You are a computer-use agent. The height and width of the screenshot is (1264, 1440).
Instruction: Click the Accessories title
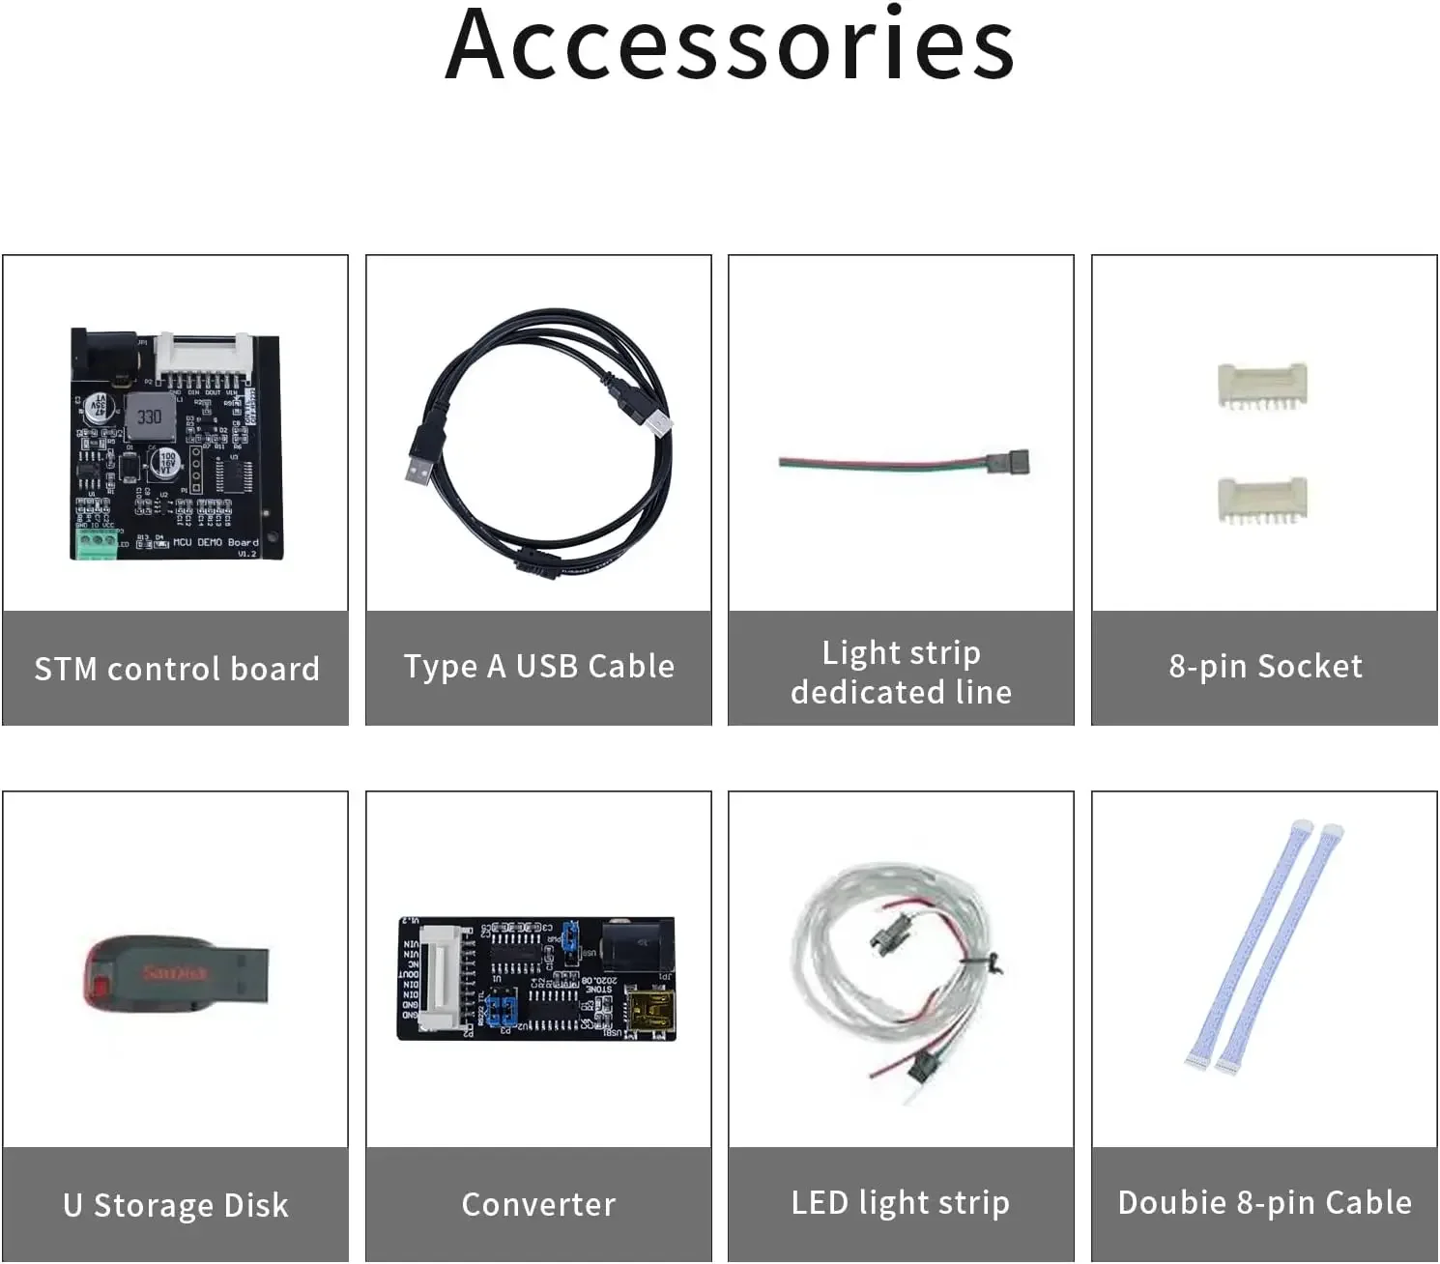730,45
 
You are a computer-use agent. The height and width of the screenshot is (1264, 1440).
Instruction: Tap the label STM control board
177,669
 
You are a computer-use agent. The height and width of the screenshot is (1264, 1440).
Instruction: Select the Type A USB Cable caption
539,666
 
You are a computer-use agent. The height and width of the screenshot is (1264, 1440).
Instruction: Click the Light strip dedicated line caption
901,672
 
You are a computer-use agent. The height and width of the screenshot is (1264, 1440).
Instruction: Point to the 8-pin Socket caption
1265,666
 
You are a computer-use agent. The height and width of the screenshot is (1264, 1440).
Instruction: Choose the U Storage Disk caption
176,1205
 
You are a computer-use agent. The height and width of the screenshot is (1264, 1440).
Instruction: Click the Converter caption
538,1204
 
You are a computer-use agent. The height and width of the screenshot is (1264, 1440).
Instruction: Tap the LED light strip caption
901,1202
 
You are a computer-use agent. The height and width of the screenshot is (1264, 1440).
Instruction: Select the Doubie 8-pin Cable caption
1264,1202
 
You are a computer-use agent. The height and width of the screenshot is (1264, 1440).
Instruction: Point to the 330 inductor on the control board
149,417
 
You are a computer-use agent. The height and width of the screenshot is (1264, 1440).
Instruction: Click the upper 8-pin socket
1262,387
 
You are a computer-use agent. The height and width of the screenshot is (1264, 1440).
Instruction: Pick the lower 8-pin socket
1262,500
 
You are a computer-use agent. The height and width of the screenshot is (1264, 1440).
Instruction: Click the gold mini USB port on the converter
650,1012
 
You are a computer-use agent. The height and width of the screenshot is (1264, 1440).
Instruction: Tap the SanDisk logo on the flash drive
174,971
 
